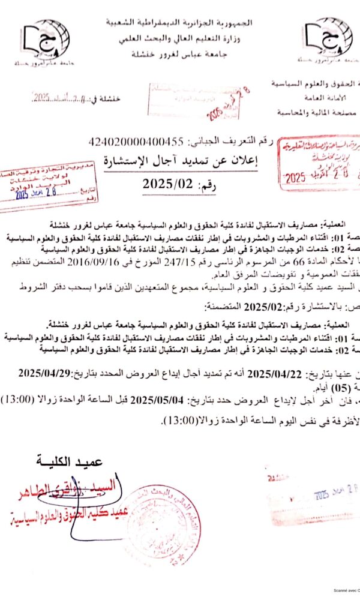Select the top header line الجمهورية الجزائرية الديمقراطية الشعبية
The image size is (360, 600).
point(179,23)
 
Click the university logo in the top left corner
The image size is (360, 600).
point(46,39)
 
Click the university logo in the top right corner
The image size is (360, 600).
point(327,39)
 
